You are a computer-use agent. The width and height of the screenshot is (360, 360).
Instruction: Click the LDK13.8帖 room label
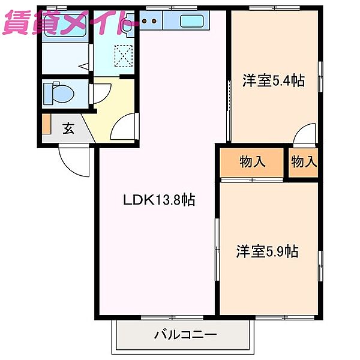tap(158, 200)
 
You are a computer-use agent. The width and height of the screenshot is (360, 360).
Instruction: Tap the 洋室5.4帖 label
tap(273, 80)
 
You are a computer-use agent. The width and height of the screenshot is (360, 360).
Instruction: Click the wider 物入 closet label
tap(252, 161)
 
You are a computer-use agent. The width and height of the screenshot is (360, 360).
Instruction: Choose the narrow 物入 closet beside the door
tap(304, 161)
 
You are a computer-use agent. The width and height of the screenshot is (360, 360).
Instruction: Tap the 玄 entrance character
tap(68, 128)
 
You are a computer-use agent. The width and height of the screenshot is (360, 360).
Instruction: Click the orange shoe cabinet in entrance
tap(46, 124)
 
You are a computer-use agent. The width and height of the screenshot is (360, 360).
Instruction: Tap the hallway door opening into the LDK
tap(125, 126)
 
